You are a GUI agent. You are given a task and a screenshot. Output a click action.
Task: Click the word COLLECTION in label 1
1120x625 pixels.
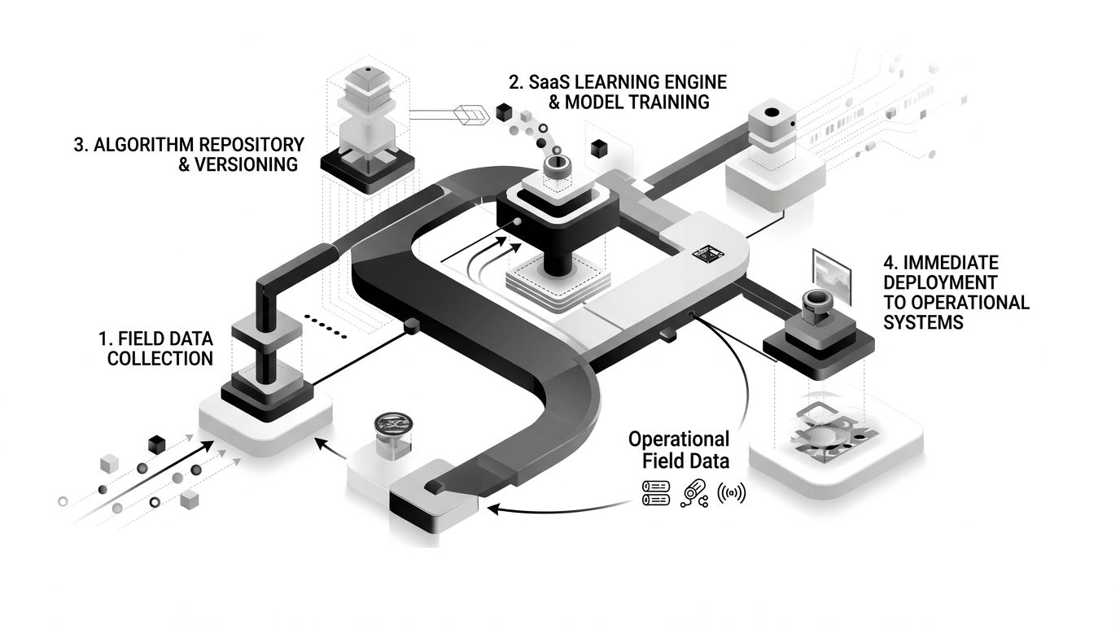click(160, 358)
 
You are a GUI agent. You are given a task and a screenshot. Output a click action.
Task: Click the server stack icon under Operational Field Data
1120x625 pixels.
click(655, 492)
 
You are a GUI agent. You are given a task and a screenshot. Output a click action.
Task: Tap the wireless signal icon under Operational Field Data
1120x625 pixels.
click(731, 493)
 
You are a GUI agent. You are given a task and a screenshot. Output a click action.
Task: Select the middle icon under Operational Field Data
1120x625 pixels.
click(693, 492)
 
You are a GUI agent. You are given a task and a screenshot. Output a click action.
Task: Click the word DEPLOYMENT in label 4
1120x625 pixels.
click(940, 282)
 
